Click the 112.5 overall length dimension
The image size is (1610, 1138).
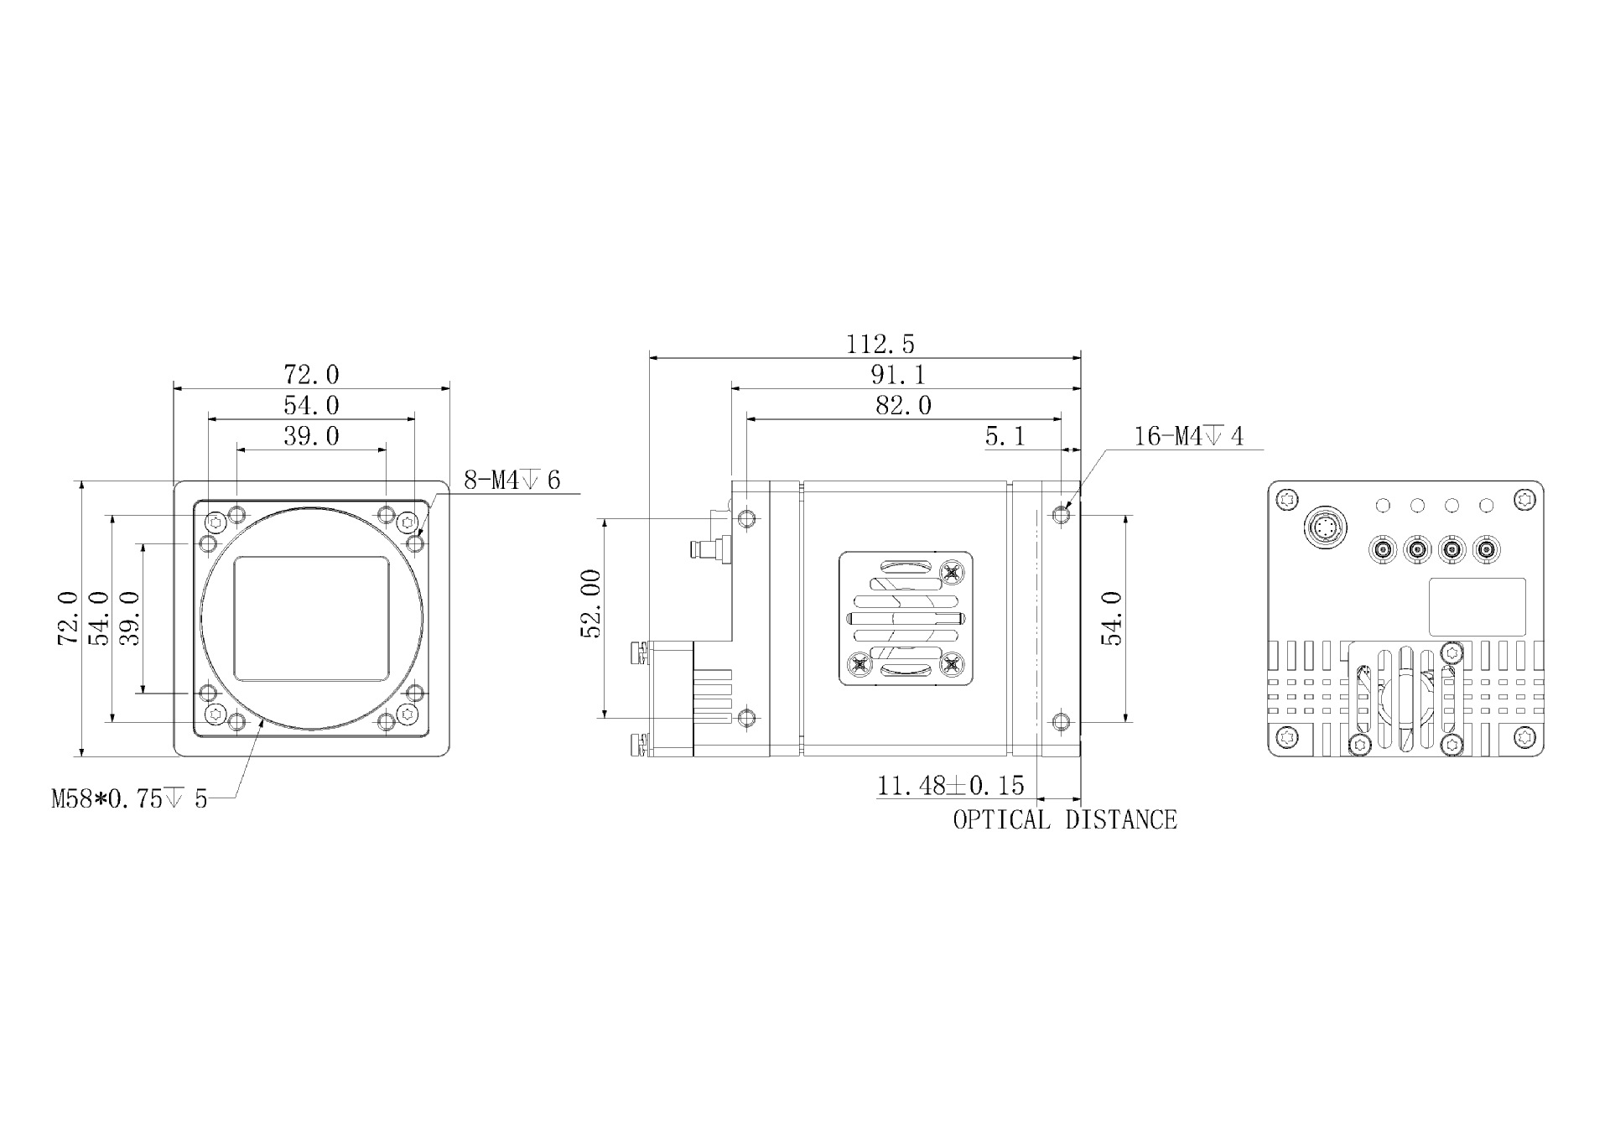[880, 344]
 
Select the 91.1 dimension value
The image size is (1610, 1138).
[897, 375]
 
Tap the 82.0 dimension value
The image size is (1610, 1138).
[902, 406]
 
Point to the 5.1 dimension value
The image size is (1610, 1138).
[1005, 436]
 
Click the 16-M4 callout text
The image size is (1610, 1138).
[1188, 436]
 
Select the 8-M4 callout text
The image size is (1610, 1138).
[512, 481]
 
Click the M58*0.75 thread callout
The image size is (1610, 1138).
[129, 798]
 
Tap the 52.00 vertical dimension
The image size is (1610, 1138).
[591, 604]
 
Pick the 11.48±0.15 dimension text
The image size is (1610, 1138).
[950, 786]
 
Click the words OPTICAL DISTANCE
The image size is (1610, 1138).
[1064, 819]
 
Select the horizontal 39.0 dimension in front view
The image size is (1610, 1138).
[311, 436]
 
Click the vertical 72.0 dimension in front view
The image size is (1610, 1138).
[68, 618]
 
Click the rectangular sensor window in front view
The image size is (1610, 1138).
[311, 618]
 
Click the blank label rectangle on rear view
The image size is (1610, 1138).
[1477, 606]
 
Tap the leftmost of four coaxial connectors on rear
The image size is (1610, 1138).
[1382, 551]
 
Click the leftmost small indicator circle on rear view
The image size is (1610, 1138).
[1383, 506]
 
